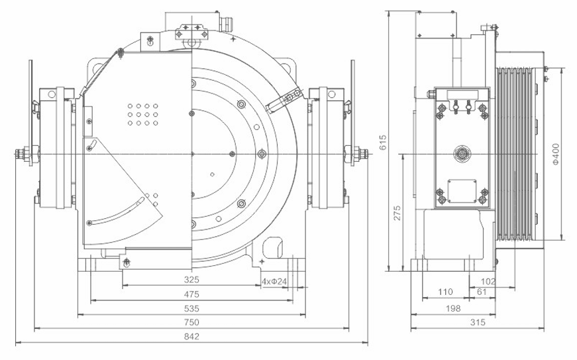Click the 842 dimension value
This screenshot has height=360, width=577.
tap(191, 336)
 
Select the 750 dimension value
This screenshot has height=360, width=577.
tap(191, 322)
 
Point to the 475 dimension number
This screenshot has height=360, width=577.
tap(191, 294)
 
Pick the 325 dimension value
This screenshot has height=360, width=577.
tap(191, 280)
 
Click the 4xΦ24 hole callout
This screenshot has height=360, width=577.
tap(274, 281)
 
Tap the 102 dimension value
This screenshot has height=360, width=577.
tap(488, 280)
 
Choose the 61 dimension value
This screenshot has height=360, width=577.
tap(482, 292)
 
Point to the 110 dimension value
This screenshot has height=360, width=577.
tap(445, 292)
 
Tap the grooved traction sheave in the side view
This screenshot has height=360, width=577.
tap(519, 154)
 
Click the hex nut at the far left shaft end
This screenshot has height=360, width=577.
tap(24, 154)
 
